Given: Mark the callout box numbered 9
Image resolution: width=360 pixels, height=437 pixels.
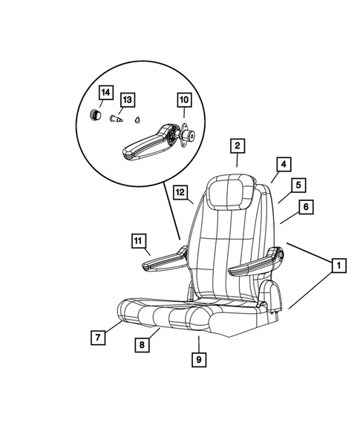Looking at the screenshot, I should click(x=199, y=360).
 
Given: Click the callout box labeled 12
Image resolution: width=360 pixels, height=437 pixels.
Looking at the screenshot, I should click(x=181, y=192).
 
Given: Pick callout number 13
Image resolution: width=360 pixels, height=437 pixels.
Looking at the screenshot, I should click(x=128, y=99).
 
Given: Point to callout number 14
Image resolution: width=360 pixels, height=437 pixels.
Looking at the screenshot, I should click(x=106, y=93).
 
